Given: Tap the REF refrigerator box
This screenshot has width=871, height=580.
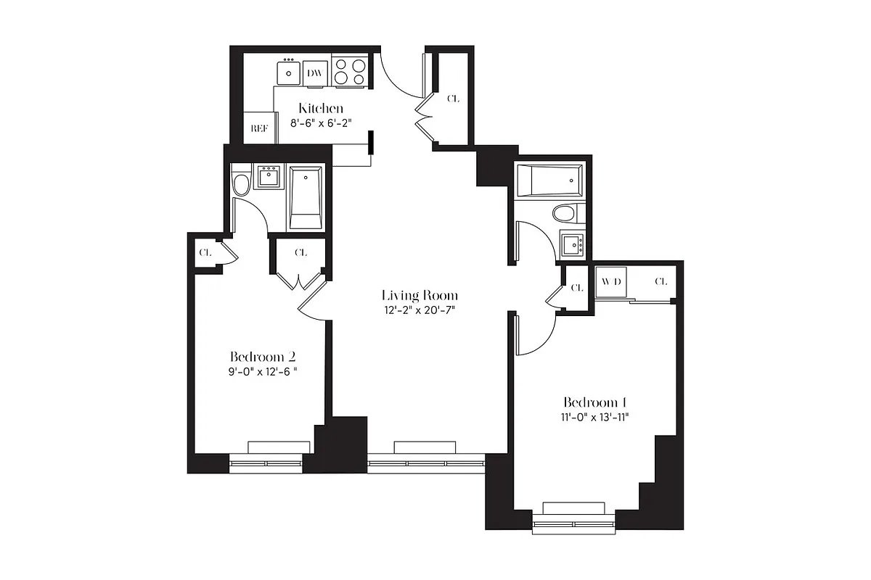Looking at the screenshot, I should [x=259, y=128].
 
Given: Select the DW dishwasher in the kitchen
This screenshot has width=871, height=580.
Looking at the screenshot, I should [x=315, y=73].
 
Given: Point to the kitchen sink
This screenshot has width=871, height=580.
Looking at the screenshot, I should [x=289, y=72].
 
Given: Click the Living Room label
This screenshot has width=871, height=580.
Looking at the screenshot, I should [x=420, y=295].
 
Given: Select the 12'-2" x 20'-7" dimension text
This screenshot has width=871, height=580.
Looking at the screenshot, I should [x=420, y=310].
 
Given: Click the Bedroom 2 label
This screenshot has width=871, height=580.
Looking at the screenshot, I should [x=262, y=356].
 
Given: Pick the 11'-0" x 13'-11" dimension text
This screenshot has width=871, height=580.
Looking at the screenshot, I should [x=594, y=417].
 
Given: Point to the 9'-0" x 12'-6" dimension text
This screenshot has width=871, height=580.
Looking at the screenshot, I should [x=262, y=371].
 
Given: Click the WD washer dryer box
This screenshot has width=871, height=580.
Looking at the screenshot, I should [x=608, y=282].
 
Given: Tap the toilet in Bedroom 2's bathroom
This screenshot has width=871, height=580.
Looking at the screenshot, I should [x=241, y=182].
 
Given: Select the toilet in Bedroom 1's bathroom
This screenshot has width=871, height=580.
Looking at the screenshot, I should [x=564, y=213].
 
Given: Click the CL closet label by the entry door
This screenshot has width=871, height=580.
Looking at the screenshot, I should [x=453, y=99].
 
